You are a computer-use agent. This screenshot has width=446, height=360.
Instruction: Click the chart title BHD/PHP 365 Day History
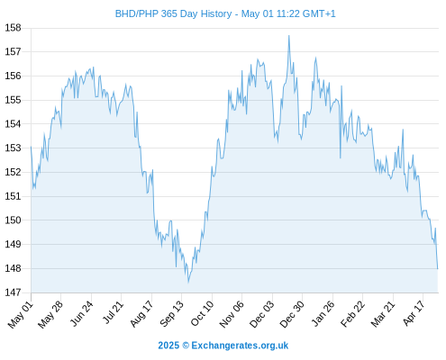click(x=174, y=13)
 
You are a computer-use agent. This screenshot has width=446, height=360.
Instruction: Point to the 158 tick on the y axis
click(x=13, y=28)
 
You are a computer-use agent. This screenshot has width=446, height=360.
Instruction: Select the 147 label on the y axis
click(x=13, y=292)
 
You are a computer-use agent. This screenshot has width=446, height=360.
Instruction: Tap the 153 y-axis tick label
click(x=13, y=148)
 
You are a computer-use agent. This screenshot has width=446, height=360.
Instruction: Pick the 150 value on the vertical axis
click(x=13, y=220)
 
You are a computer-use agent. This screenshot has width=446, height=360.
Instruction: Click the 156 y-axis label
click(x=13, y=76)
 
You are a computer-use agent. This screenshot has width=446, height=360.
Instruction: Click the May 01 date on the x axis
click(x=21, y=314)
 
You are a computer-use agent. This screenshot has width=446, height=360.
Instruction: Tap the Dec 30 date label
click(x=292, y=314)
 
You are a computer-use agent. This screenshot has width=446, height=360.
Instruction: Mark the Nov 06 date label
click(x=232, y=314)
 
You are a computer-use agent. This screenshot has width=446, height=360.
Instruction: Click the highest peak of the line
click(x=289, y=36)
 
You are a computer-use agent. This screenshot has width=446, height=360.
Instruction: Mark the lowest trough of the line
click(x=188, y=282)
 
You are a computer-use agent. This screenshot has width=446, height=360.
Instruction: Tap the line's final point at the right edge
click(x=438, y=268)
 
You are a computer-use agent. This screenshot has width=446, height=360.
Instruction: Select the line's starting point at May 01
click(x=31, y=147)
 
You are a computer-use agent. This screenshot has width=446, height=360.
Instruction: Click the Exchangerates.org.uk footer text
click(x=240, y=346)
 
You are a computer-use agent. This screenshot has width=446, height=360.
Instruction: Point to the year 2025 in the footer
click(x=168, y=346)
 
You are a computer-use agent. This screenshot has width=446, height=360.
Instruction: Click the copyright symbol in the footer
click(x=186, y=346)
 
